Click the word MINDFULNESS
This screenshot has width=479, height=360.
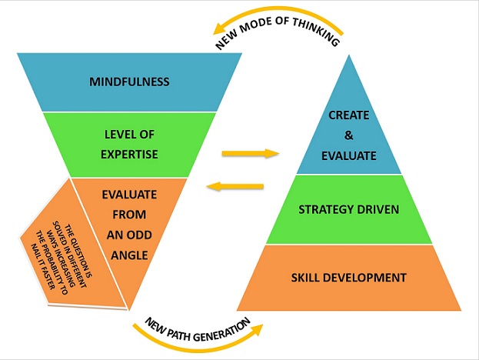pos(129,82)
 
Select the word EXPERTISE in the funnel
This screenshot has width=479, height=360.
pos(129,154)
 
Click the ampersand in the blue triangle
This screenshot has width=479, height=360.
pos(348,135)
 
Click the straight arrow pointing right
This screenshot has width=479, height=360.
pos(249,153)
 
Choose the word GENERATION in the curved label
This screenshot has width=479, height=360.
pos(225,325)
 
